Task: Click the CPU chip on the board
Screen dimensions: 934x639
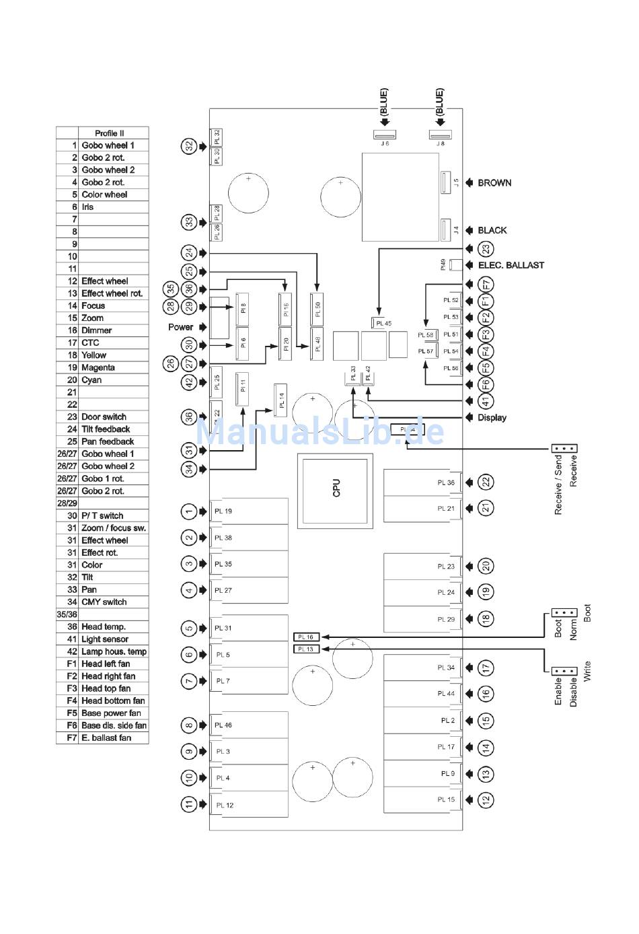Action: (x=335, y=489)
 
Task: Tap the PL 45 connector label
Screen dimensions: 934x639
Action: (x=383, y=323)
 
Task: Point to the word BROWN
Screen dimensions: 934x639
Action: (x=494, y=183)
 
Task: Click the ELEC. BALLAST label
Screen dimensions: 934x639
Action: (x=511, y=265)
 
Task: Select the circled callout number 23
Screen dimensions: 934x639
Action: (x=486, y=249)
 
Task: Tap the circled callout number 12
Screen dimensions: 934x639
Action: (x=486, y=800)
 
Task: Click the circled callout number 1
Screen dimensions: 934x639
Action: (x=189, y=512)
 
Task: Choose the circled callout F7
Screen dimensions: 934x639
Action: (x=486, y=284)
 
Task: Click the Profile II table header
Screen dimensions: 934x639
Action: (x=110, y=133)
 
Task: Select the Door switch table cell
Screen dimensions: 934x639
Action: (x=104, y=417)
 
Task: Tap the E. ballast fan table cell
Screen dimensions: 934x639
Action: (x=106, y=738)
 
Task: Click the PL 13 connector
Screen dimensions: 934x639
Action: (x=307, y=649)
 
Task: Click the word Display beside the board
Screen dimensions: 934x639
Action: (x=492, y=418)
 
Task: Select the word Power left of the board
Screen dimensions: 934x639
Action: (x=180, y=327)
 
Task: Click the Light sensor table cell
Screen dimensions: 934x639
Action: (x=105, y=639)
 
